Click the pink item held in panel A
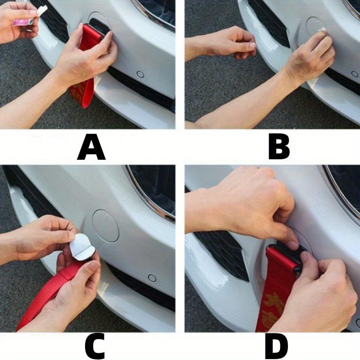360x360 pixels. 22,21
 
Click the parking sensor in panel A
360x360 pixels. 140,74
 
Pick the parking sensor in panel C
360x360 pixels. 152,278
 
